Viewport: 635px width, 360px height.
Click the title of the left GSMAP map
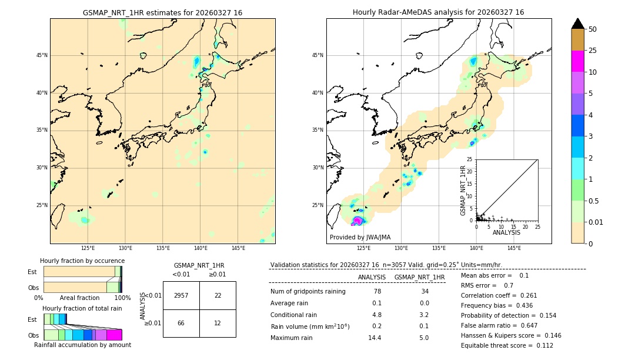click(x=162, y=12)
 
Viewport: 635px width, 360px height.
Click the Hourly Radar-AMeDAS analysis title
click(x=439, y=12)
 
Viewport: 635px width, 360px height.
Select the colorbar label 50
click(x=593, y=29)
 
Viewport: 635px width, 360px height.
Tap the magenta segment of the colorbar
click(x=578, y=61)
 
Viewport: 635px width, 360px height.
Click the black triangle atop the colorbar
click(x=578, y=24)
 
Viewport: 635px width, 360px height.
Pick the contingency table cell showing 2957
click(x=181, y=295)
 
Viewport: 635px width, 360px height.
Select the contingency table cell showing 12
click(x=218, y=323)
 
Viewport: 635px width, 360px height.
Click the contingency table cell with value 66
click(x=181, y=323)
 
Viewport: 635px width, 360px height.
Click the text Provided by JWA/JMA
click(x=360, y=237)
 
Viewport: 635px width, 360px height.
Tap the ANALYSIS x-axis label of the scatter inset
click(x=506, y=232)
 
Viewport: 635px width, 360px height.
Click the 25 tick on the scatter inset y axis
click(x=470, y=159)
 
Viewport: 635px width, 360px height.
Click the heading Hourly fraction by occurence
click(x=82, y=261)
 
